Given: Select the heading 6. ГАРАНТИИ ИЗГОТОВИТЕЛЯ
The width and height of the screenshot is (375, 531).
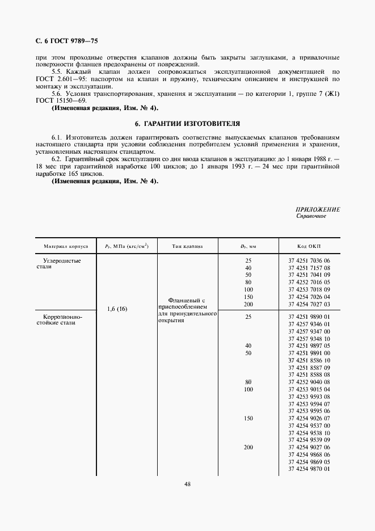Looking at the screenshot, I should [187, 123].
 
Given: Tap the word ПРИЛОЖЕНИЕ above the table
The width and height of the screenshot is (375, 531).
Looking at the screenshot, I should [318, 209].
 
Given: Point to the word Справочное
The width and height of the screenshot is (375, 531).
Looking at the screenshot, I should [311, 216].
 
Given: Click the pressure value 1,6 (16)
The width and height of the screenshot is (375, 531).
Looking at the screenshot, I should [117, 309].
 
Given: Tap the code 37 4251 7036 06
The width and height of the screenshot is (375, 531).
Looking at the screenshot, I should [309, 260].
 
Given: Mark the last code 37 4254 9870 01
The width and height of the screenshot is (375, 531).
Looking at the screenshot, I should [309, 469].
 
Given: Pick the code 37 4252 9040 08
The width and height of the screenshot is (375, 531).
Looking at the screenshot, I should [309, 382].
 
